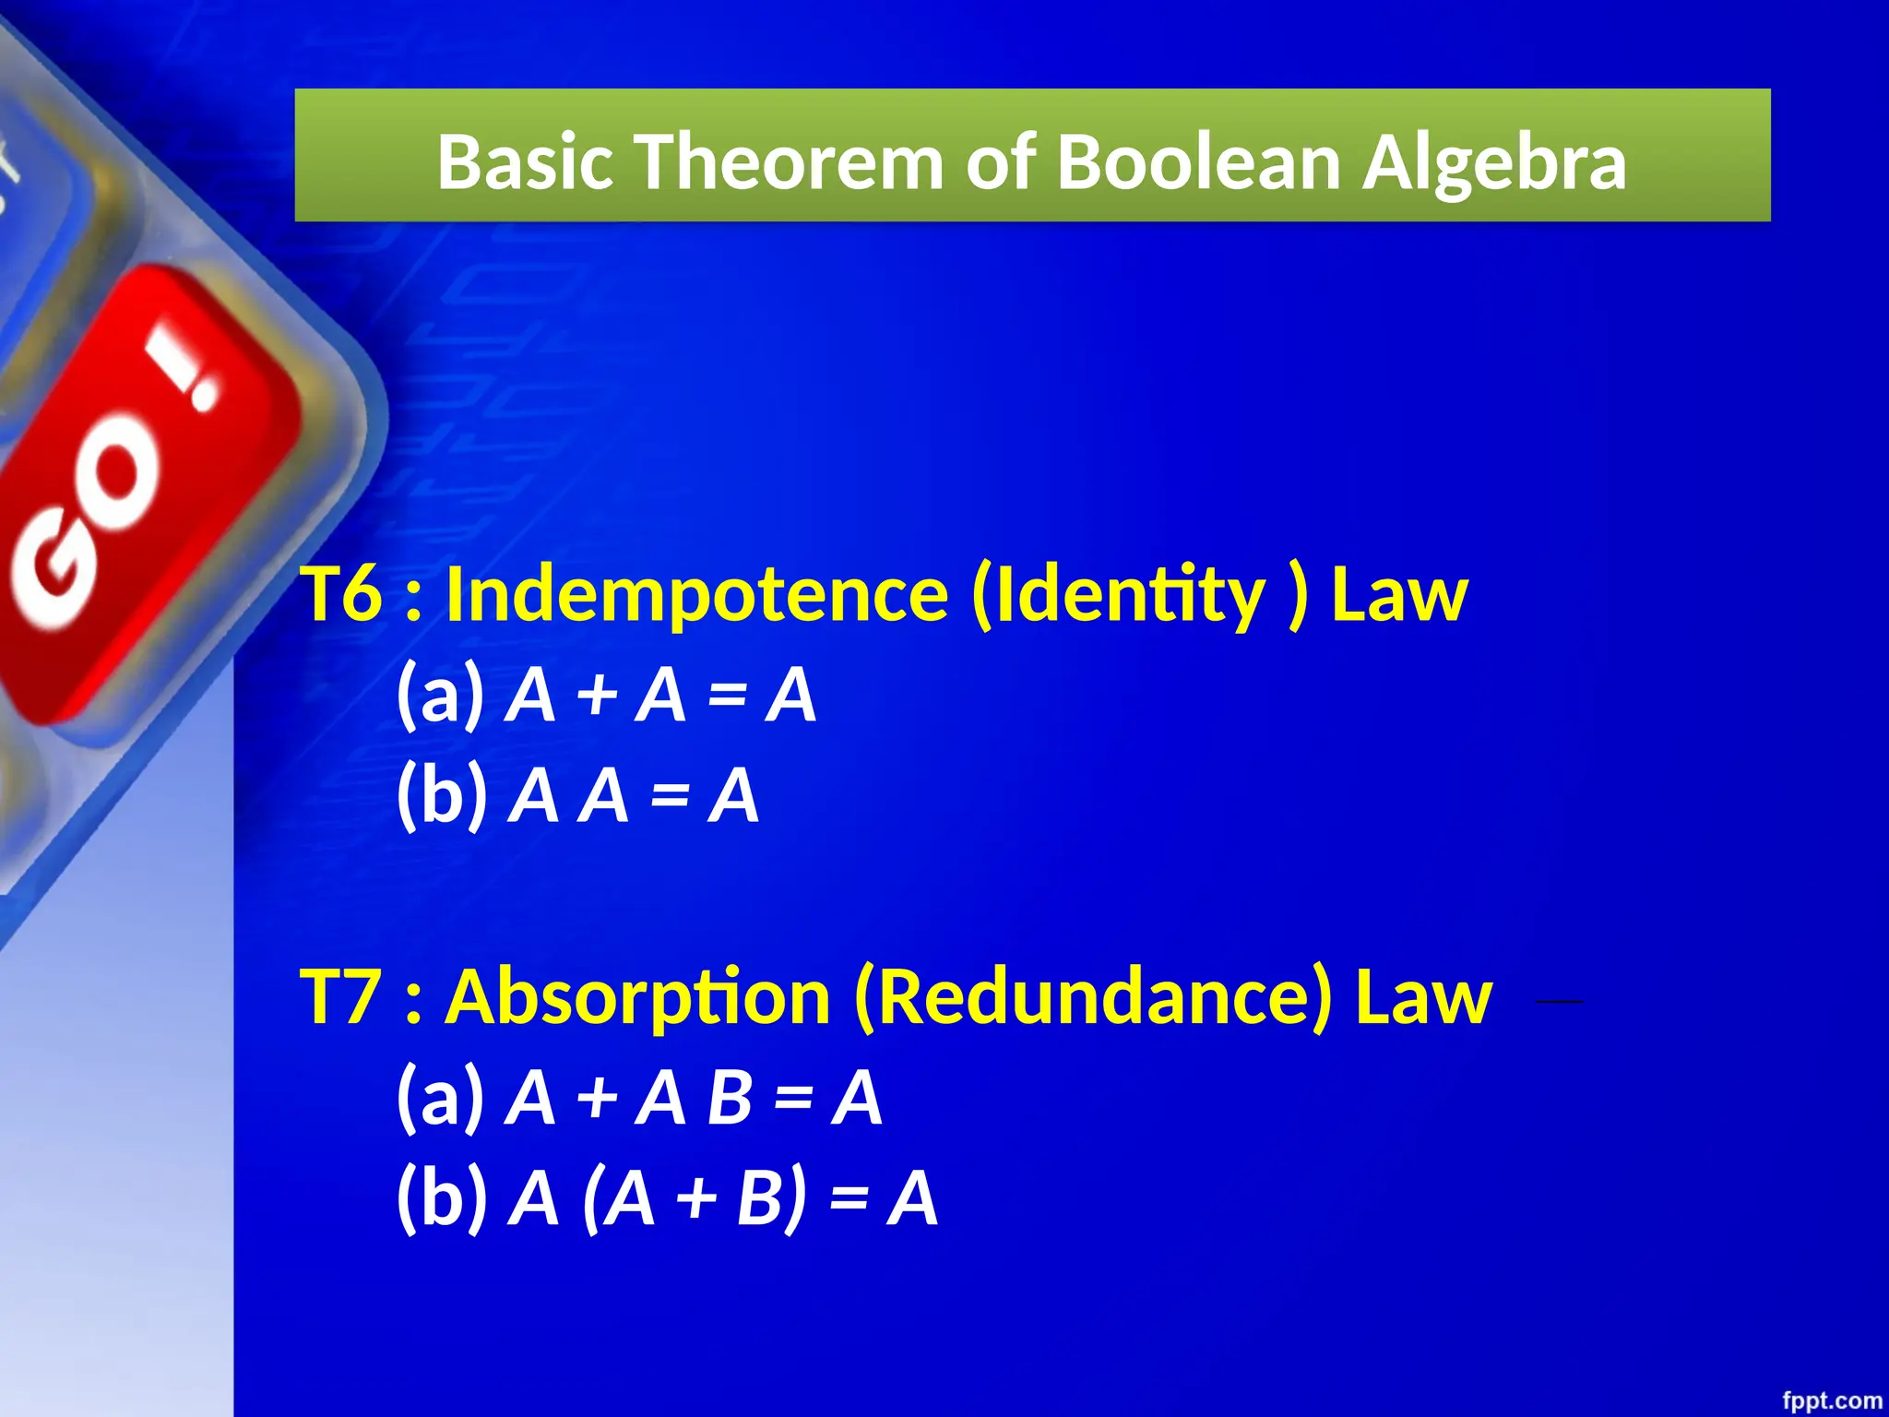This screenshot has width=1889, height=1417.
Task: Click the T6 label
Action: coord(341,593)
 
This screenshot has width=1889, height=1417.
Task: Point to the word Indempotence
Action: coord(696,595)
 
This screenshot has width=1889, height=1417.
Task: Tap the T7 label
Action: coord(341,996)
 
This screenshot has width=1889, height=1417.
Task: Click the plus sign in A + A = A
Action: coord(597,695)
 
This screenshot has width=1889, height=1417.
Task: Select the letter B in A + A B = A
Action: coord(730,1098)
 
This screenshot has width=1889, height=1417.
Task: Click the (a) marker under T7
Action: coord(440,1098)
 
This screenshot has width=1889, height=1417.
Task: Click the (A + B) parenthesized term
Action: coord(694,1198)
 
